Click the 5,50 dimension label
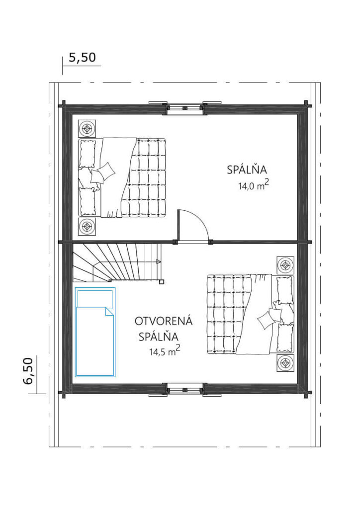pyautogui.click(x=83, y=58)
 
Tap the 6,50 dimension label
pyautogui.click(x=28, y=371)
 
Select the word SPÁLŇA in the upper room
pyautogui.click(x=247, y=170)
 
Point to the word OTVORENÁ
pyautogui.click(x=164, y=321)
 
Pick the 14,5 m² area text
pyautogui.click(x=165, y=351)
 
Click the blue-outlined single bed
pyautogui.click(x=95, y=332)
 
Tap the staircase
pyautogui.click(x=117, y=263)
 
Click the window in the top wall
pyautogui.click(x=185, y=108)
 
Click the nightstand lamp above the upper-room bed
pyautogui.click(x=87, y=128)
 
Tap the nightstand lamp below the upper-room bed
pyautogui.click(x=87, y=226)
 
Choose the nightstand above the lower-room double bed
pyautogui.click(x=285, y=265)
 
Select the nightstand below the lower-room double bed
pyautogui.click(x=285, y=363)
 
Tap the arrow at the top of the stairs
pyautogui.click(x=159, y=261)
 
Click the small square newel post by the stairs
pyautogui.click(x=162, y=281)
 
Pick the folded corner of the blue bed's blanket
pyautogui.click(x=109, y=312)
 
